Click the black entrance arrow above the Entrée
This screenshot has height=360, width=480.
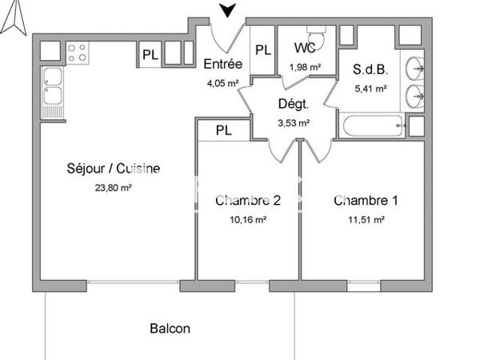point(229,10)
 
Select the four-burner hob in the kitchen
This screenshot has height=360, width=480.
point(78,54)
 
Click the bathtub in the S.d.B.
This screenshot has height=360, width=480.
point(372,126)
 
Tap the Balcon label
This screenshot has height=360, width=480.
point(170,328)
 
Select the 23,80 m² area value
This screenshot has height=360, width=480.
point(113,188)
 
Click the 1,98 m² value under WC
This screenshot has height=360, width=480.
point(304,67)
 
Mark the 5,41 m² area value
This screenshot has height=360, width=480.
point(370,88)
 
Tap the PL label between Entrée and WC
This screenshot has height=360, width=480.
point(263,50)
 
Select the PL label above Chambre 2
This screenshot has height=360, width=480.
point(223,130)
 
